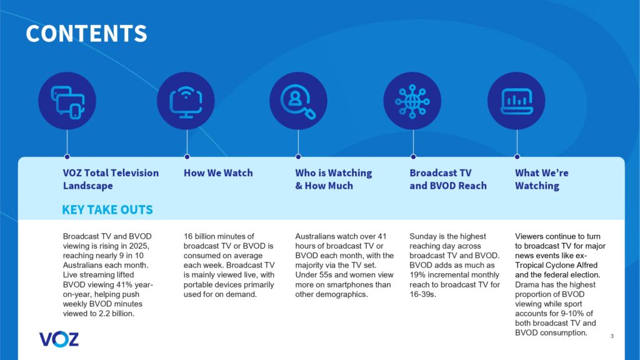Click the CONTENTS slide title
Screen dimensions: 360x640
[86, 33]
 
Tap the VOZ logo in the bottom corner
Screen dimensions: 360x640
[59, 339]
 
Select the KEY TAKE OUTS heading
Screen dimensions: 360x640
[107, 209]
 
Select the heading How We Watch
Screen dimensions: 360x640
[218, 173]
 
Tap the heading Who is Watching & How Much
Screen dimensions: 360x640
[333, 179]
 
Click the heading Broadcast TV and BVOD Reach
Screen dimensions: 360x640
[447, 179]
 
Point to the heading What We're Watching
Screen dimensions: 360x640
[541, 179]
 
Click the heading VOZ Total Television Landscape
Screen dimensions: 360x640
[111, 179]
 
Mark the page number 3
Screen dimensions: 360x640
[611, 337]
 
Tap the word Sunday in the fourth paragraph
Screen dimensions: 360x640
[424, 236]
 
